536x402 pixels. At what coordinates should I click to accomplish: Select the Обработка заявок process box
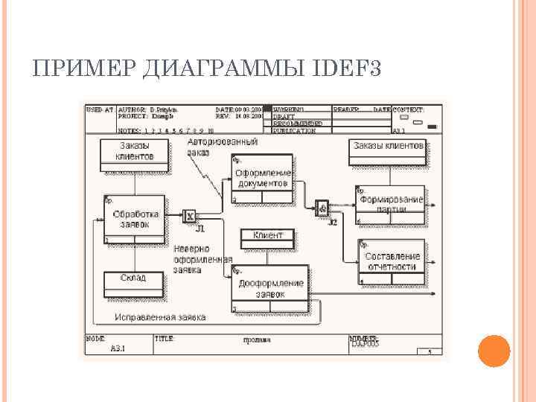tap(135, 219)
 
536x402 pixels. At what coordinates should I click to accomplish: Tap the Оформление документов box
tap(262, 178)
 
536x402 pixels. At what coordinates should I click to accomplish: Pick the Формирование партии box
tap(391, 204)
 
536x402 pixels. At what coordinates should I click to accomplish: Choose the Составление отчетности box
tap(392, 261)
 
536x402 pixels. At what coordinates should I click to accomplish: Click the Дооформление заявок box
tap(270, 288)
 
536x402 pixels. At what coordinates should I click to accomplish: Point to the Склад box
tap(133, 278)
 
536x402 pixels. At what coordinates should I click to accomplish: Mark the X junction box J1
tap(190, 217)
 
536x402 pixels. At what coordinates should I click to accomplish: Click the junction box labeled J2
tap(322, 208)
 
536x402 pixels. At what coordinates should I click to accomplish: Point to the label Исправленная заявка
tap(160, 317)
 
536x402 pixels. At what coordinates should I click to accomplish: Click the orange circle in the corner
tap(493, 351)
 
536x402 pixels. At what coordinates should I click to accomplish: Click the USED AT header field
tap(100, 109)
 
